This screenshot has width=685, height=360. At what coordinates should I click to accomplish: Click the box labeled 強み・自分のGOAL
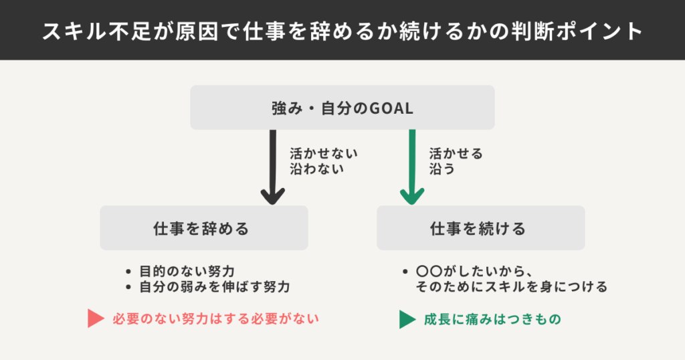coord(342,107)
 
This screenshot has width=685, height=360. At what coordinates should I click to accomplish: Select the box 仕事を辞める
coord(204,228)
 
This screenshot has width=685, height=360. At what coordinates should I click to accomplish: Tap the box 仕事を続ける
coord(480,228)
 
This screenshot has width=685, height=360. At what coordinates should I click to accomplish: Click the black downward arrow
coord(272,167)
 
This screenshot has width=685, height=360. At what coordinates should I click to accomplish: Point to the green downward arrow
coord(412,167)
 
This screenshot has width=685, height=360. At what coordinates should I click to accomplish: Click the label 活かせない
coord(324,153)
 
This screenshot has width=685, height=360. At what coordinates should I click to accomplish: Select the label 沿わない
coord(316,169)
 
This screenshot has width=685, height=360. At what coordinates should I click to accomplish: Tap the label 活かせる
coord(456,153)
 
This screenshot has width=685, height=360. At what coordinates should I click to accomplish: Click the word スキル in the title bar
coord(74,30)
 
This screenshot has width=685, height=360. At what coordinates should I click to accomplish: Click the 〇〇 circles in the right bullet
coord(428,272)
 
